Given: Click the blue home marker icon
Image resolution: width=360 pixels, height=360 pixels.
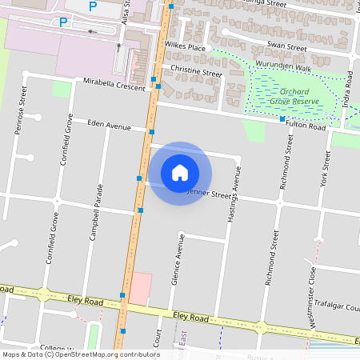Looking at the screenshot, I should coord(180,171).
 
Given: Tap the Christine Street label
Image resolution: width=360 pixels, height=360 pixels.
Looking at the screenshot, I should coord(196,73).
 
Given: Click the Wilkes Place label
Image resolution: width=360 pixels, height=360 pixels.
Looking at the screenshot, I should coord(185,48).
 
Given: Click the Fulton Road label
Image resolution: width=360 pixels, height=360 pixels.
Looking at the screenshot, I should coord(307,127).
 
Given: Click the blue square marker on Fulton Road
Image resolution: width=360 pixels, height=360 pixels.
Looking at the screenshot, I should coord(282,119).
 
